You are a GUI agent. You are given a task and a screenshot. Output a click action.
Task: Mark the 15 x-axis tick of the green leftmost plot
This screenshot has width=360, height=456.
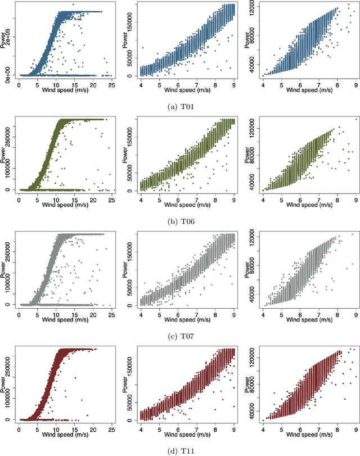click(x=75, y=196)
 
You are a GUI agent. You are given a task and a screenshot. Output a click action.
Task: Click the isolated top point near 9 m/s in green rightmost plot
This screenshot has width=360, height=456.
click(x=355, y=119)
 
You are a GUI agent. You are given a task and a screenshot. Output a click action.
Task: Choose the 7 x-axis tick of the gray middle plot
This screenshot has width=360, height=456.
click(x=197, y=311)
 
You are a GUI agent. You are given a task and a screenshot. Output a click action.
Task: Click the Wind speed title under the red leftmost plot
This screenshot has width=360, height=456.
click(x=65, y=431)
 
